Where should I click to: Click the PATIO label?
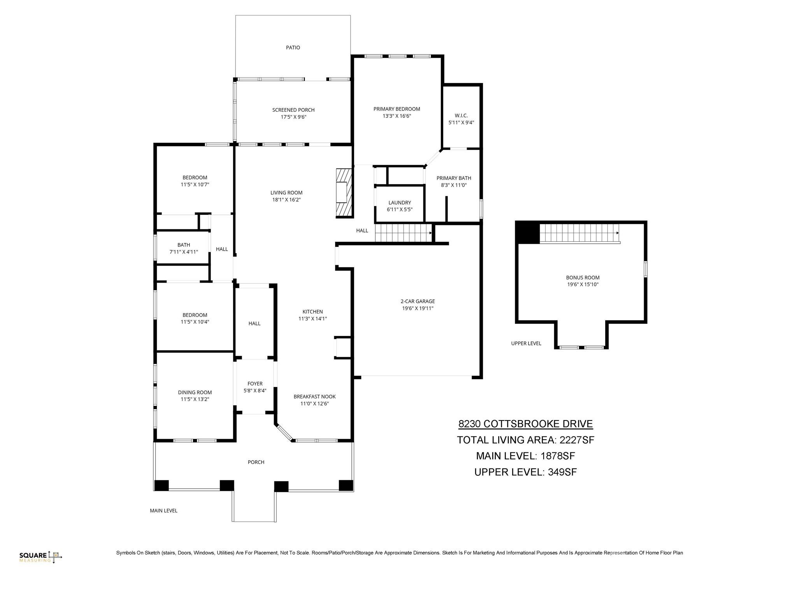pos(293,47)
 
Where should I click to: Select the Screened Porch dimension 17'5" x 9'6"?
pos(293,117)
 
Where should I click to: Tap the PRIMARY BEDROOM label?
pos(397,109)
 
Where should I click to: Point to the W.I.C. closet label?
pos(461,116)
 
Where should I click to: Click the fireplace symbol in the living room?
pos(344,192)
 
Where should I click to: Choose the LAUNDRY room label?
pos(399,202)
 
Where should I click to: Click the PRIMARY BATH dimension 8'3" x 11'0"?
pos(453,185)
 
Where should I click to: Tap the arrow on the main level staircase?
pos(430,233)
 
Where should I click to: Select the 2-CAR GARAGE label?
pos(418,301)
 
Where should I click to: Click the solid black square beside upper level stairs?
pos(527,233)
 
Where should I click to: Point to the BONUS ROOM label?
pos(582,278)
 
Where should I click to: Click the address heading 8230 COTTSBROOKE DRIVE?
pos(525,424)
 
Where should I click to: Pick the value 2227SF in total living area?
pos(577,440)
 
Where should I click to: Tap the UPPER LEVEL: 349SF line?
pos(525,472)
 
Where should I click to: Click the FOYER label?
pos(255,383)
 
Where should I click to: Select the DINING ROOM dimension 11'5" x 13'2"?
pos(195,399)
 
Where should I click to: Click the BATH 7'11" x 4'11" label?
pos(183,248)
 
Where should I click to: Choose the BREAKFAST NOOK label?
pos(314,397)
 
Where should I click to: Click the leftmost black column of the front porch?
pos(162,485)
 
